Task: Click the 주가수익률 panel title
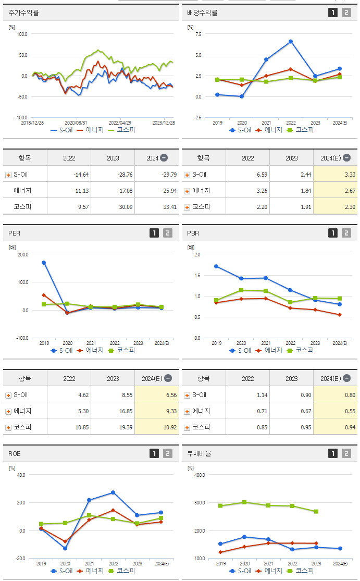point(24,13)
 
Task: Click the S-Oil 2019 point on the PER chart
point(44,263)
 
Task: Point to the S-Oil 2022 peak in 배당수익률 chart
point(291,41)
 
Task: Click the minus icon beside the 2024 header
point(164,158)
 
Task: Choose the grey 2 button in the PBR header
point(346,233)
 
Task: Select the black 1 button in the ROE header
point(154,453)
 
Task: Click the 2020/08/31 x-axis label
point(76,122)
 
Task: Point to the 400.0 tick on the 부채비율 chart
point(199,475)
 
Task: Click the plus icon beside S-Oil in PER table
point(8,395)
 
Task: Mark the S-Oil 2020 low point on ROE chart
point(66,548)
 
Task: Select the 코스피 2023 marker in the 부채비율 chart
point(316,511)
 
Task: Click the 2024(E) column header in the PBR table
point(331,378)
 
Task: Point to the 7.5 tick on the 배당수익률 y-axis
point(198,34)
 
